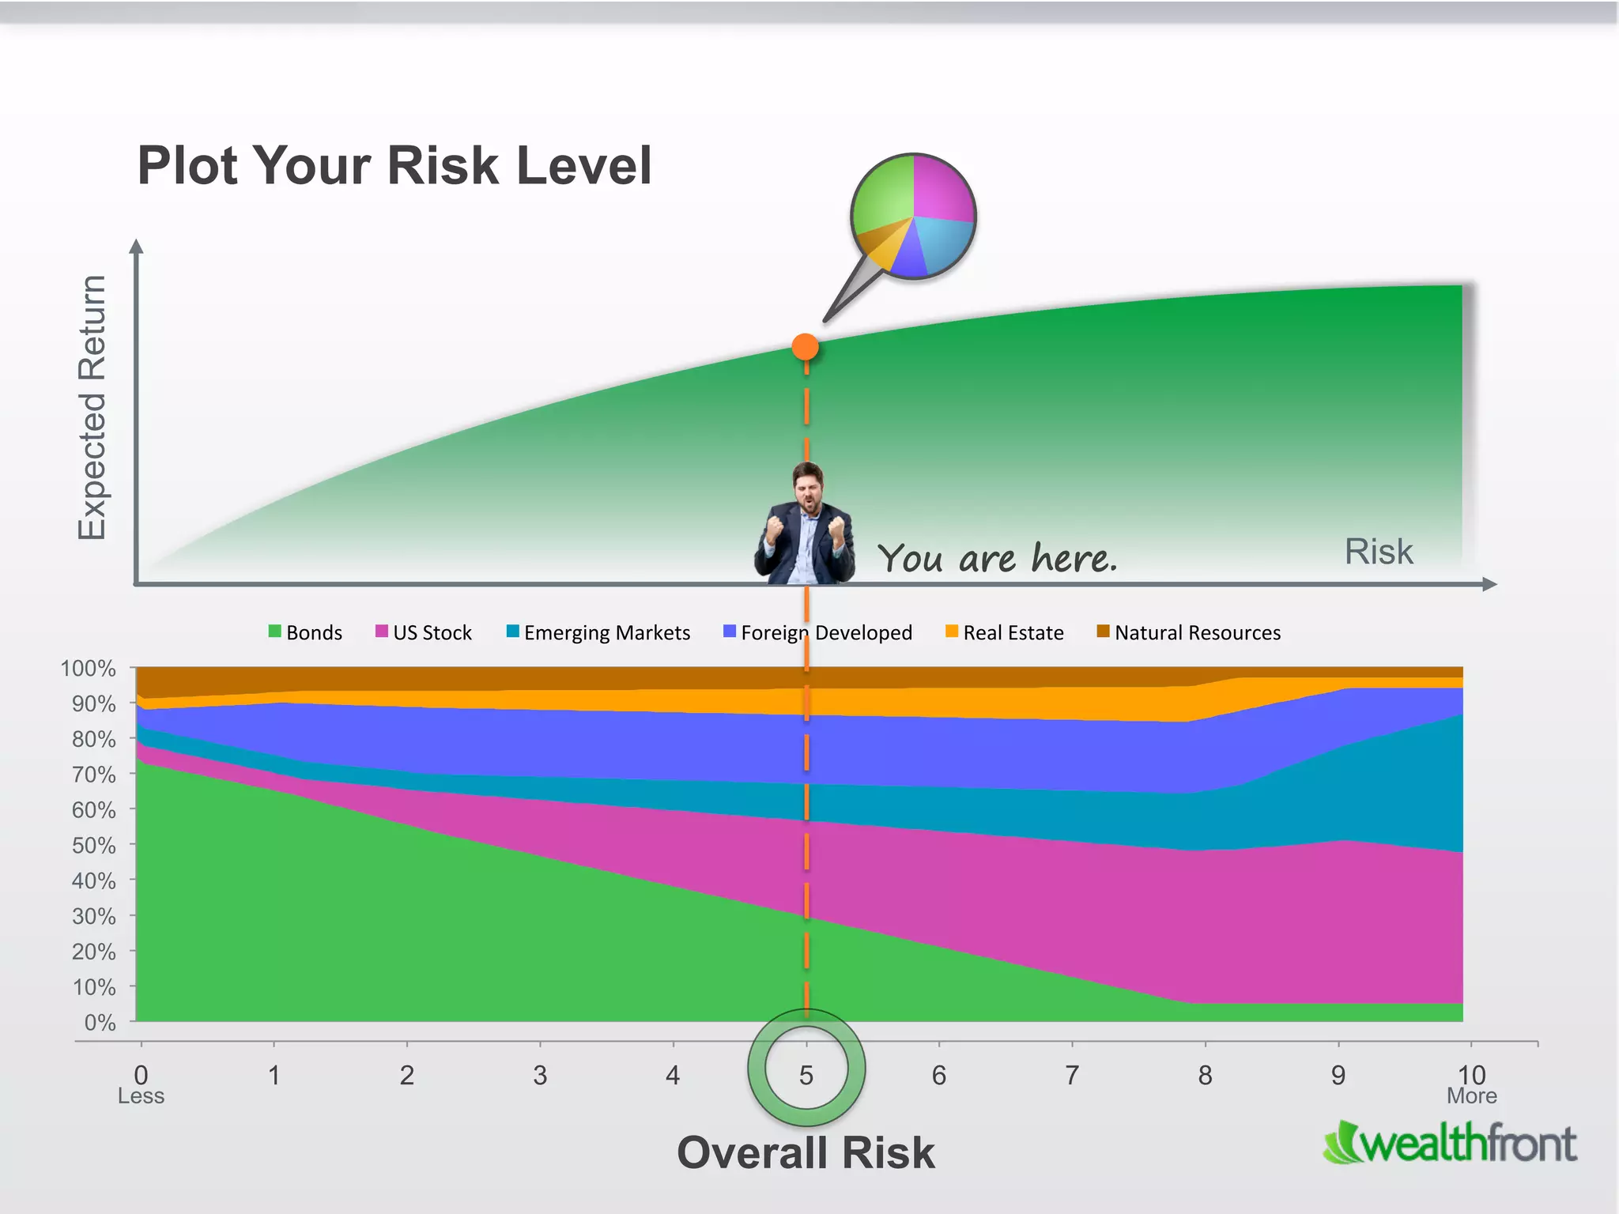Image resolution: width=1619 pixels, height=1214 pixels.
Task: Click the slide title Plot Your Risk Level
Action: tap(394, 166)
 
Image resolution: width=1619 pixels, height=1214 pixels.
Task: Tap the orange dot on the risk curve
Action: tap(805, 347)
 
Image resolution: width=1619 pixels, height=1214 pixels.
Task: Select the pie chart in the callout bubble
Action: tap(913, 216)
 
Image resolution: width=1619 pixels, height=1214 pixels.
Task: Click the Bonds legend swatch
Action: tap(275, 631)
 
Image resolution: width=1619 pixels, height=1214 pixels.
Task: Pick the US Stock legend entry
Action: tap(424, 632)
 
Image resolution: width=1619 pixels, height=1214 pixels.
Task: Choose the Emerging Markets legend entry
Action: tap(598, 632)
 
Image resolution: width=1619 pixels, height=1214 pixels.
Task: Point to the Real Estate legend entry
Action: tap(1005, 632)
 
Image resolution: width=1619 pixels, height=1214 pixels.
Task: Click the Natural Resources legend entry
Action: tap(1189, 632)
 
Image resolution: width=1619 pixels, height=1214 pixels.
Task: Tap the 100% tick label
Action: tap(89, 669)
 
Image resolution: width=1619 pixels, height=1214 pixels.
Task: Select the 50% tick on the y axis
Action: tap(93, 846)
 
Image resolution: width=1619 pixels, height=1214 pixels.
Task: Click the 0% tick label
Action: tap(100, 1023)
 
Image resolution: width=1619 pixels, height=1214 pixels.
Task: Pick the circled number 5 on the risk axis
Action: tap(806, 1075)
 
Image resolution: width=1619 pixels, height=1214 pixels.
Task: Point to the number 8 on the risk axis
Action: tap(1205, 1075)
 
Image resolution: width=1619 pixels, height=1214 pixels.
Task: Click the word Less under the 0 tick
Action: tap(141, 1096)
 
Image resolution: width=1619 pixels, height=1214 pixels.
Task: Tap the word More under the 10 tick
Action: tap(1471, 1096)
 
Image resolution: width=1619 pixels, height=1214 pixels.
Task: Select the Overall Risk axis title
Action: tap(806, 1152)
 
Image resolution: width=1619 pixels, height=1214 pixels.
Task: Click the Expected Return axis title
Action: tap(92, 408)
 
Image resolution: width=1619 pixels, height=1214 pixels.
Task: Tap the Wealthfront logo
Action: tap(1450, 1143)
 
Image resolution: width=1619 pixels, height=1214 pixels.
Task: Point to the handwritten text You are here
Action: tap(998, 558)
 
